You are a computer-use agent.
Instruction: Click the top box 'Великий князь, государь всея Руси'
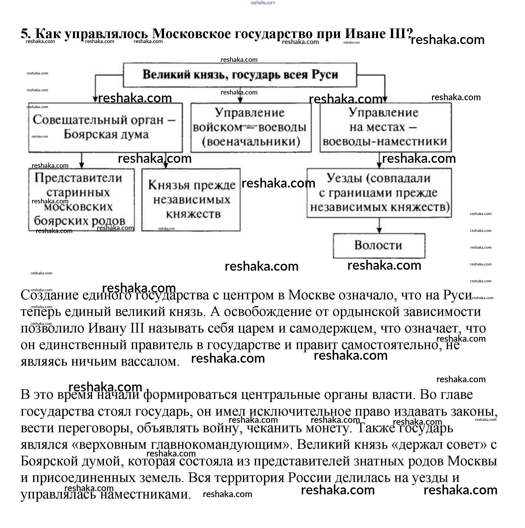pos(240,75)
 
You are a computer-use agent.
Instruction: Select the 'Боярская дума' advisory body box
pos(105,127)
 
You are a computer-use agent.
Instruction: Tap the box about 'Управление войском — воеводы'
pos(251,127)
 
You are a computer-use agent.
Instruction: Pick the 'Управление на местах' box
pos(385,127)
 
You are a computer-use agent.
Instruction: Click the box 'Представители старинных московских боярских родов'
pos(81,199)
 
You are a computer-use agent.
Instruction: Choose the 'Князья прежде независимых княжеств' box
pos(191,199)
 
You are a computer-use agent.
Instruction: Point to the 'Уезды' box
pos(379,193)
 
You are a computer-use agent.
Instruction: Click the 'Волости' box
pos(379,245)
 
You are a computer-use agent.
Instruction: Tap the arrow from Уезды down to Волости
pos(379,225)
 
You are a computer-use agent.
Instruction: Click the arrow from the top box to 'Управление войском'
pos(240,95)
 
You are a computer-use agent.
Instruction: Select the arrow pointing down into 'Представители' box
pos(81,160)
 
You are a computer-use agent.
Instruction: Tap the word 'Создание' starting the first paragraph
pos(49,295)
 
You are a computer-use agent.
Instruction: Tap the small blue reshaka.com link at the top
pos(262,3)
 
